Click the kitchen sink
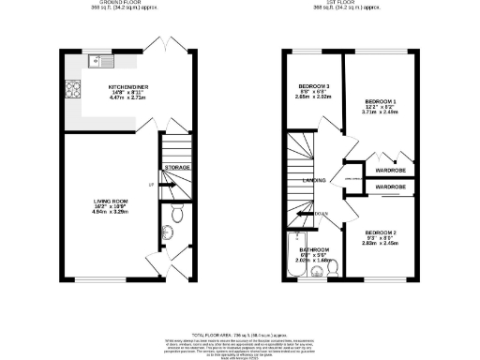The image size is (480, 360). click(96, 63)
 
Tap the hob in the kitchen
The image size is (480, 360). click(72, 91)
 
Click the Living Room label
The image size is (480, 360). click(110, 203)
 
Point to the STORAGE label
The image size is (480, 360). click(177, 167)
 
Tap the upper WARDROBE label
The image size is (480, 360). click(390, 172)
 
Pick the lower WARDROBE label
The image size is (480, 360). click(390, 187)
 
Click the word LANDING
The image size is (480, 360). click(314, 179)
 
